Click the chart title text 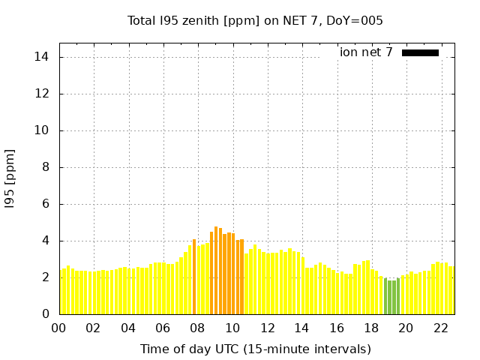[255, 20]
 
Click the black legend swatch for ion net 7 [420, 52]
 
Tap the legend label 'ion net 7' [366, 52]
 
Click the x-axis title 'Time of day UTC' [255, 349]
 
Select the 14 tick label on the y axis [43, 57]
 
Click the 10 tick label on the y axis [43, 130]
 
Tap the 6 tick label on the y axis [46, 204]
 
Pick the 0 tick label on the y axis [46, 314]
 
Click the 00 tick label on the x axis [58, 328]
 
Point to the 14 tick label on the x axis [301, 328]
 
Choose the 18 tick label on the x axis [371, 328]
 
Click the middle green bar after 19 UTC [390, 298]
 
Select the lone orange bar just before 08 [194, 277]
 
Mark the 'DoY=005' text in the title [358, 20]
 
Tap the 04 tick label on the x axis [128, 328]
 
